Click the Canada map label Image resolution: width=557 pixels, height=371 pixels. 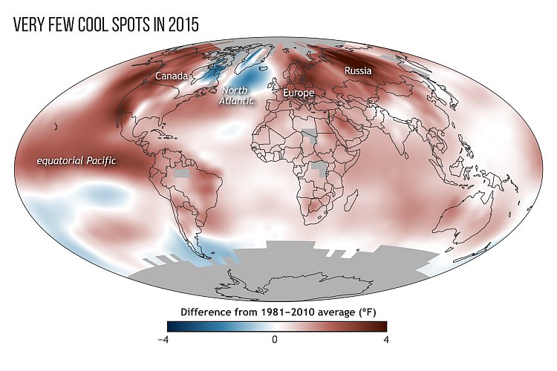click(x=172, y=76)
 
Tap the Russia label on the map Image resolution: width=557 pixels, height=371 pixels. click(x=357, y=71)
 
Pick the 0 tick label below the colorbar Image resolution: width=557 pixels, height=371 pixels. click(x=275, y=338)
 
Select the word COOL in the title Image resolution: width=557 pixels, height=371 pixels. click(x=85, y=24)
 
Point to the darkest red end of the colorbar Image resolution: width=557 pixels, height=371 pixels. click(x=382, y=325)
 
